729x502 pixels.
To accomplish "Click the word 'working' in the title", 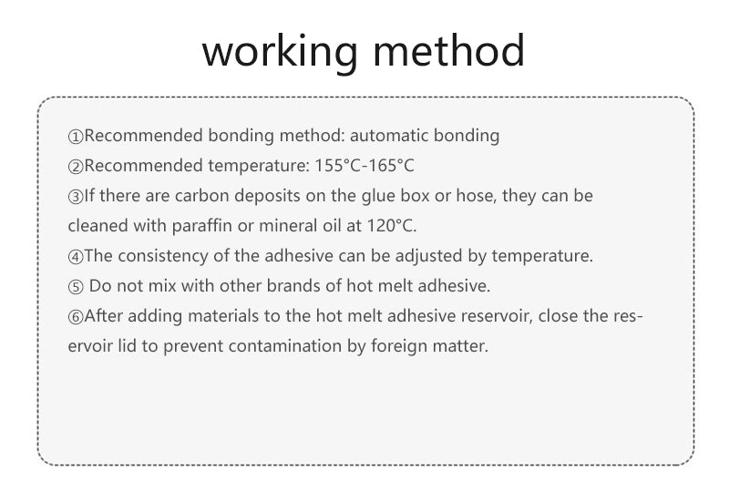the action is pos(280,52).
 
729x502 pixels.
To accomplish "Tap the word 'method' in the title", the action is pos(448,50).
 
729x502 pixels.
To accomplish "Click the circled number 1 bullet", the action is pos(76,137).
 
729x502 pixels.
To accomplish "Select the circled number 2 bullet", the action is pos(76,167).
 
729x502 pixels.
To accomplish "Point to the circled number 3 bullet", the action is pos(76,197).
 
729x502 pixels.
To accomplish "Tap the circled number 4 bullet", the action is pos(76,257).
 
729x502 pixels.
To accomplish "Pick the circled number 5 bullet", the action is pos(76,287).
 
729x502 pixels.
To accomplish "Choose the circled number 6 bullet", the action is pos(76,317).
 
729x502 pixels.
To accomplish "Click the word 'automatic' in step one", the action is pos(389,135).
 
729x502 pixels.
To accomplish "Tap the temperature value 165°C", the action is pos(391,166).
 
